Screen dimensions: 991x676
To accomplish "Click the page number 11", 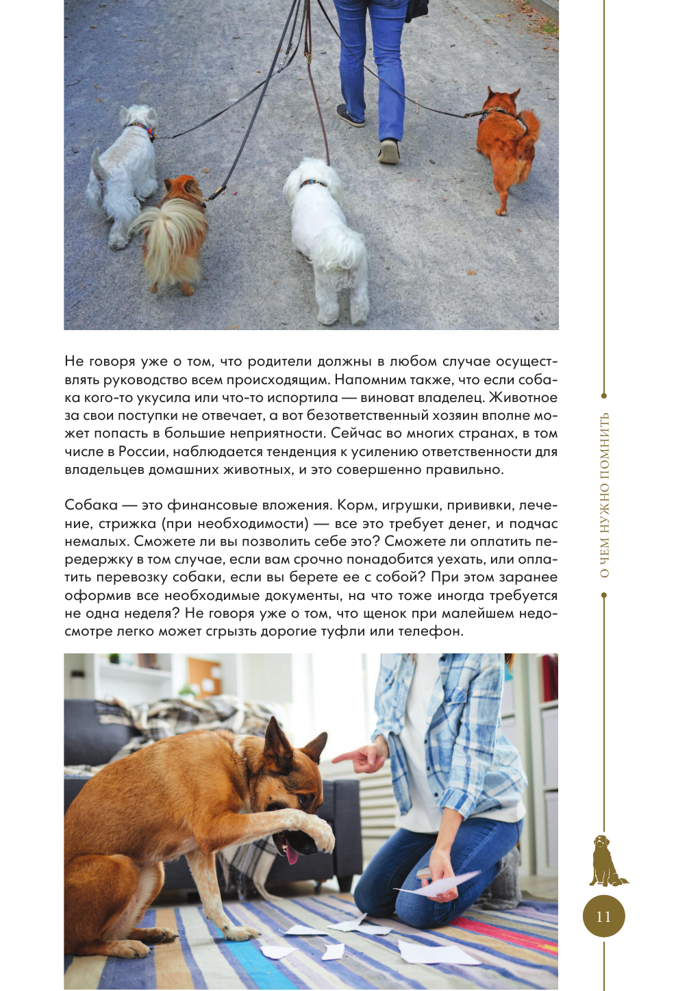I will [x=603, y=916].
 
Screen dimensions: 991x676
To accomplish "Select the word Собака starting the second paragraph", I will [x=91, y=505].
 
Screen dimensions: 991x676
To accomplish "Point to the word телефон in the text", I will [x=433, y=631].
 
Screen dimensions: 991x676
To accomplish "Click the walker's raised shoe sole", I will [x=389, y=151].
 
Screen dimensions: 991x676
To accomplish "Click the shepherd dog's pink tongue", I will [x=292, y=853].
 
